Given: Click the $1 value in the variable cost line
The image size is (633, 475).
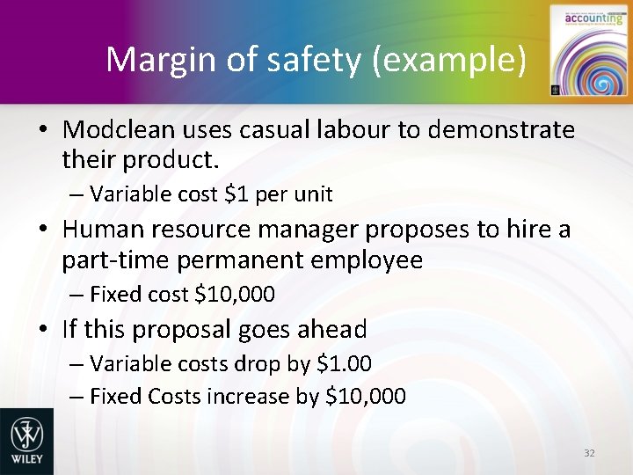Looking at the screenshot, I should pyautogui.click(x=234, y=193).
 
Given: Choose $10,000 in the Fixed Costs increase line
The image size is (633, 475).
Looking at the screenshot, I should pyautogui.click(x=366, y=396).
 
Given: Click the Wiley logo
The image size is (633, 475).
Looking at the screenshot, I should pyautogui.click(x=26, y=440).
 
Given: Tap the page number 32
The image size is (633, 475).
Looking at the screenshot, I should pyautogui.click(x=589, y=453).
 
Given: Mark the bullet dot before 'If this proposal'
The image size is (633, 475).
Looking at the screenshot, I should pyautogui.click(x=42, y=330).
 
